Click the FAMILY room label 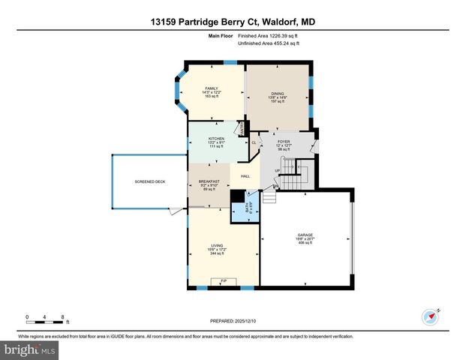coord(211,88)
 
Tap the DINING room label coord(278,93)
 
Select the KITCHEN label coord(217,139)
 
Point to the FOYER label coord(284,142)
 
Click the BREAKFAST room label coord(209,181)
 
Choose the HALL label coord(245,176)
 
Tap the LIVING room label coord(216,246)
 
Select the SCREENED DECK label coord(149,181)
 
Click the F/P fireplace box coord(223,281)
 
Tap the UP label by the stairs coord(278,170)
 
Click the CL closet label coord(254,142)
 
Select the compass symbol coord(431,316)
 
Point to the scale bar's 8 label coord(62,316)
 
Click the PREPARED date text coord(233,321)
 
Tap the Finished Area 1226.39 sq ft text coord(269,35)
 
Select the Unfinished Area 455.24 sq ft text coord(269,43)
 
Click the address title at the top coord(233,22)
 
